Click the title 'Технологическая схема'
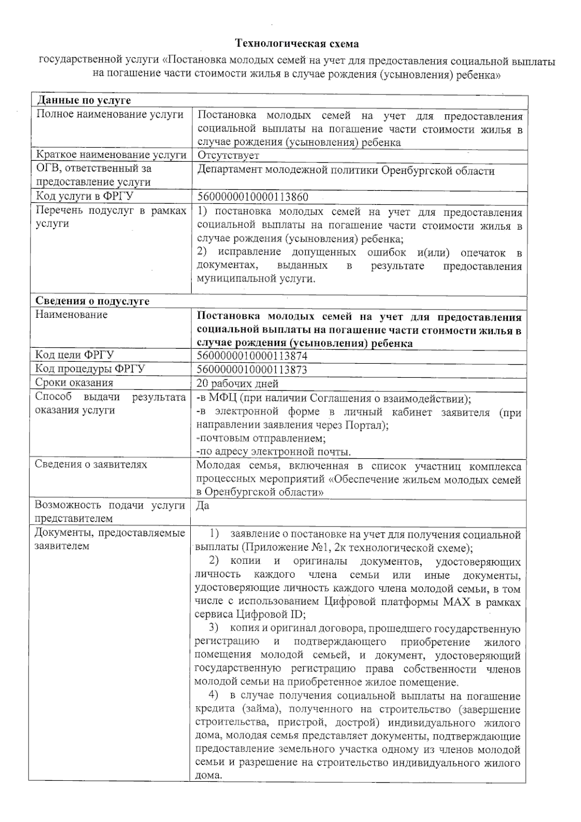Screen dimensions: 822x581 [297, 44]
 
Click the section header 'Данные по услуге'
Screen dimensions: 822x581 [84, 101]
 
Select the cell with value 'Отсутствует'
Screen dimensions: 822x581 [228, 155]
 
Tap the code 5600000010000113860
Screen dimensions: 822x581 [253, 197]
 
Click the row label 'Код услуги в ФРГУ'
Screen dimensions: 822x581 [85, 196]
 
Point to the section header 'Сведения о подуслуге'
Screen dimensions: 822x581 [92, 301]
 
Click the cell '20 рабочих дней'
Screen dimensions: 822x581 [237, 384]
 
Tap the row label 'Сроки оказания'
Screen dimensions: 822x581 [74, 383]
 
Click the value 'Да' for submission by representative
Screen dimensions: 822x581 [203, 506]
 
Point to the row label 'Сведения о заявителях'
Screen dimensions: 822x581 [91, 465]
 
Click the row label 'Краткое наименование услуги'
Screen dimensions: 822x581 [111, 155]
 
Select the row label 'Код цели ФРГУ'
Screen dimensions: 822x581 [75, 355]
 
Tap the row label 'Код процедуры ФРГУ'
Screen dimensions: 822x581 [90, 369]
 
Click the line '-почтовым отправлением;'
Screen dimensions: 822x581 [260, 438]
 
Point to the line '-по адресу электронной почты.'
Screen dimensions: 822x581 [273, 452]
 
